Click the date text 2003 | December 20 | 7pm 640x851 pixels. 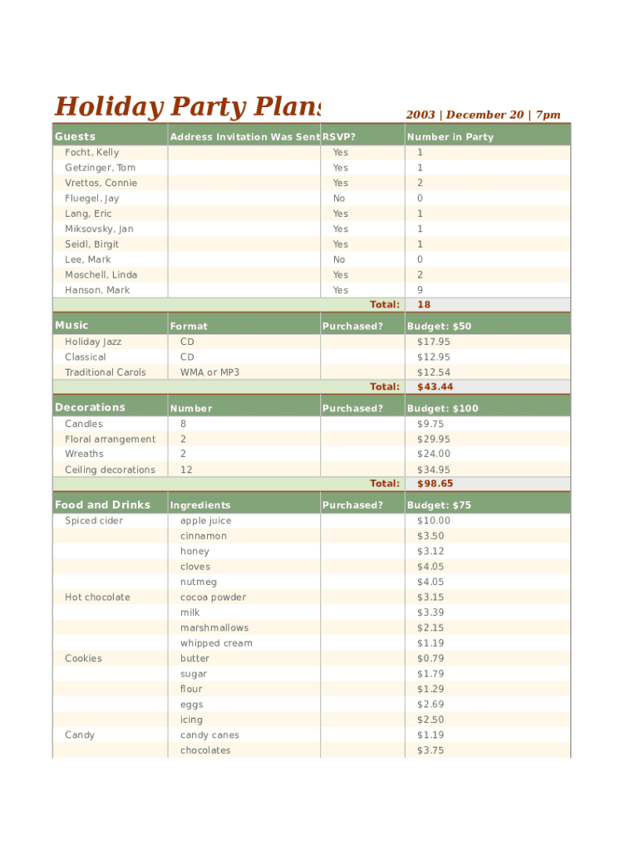[483, 115]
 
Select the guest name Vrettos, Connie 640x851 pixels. [101, 183]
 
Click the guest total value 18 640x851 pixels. [424, 305]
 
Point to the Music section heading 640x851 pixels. [71, 325]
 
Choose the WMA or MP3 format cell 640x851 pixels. [209, 372]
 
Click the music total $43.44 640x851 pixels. [435, 387]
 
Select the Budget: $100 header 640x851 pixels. [441, 408]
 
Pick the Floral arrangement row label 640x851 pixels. [110, 439]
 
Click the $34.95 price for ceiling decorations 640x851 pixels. [433, 470]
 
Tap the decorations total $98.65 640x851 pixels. [435, 484]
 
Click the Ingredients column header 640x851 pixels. [200, 505]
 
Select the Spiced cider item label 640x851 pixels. [94, 521]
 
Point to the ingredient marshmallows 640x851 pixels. [214, 628]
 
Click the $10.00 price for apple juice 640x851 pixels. [433, 521]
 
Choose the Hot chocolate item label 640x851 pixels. [97, 598]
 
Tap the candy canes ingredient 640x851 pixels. [209, 735]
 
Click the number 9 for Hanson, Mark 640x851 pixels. [420, 290]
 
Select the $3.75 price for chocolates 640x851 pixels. [430, 750]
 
